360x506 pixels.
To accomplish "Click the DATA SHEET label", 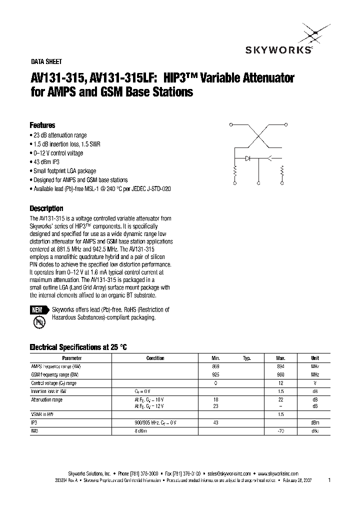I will coord(46,62).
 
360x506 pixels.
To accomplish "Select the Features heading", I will coord(42,125).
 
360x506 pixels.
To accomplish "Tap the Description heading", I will coord(46,208).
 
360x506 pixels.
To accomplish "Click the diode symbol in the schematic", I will coord(248,158).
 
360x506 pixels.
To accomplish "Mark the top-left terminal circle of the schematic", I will coord(230,123).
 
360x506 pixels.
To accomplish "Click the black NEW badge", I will coord(37,310).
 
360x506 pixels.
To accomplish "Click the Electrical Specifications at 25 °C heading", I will coord(78,347).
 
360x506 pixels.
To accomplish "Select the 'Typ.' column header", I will coord(247,358).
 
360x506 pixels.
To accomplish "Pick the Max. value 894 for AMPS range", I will coord(280,366).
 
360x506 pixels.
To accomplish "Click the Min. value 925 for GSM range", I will coord(216,374).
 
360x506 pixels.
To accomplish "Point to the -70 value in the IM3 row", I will coord(280,430).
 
